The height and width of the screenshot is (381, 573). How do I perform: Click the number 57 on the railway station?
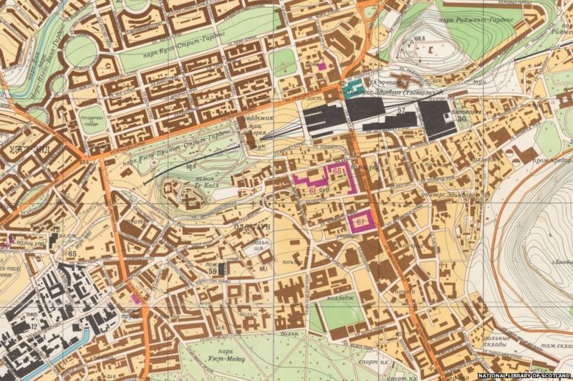401,110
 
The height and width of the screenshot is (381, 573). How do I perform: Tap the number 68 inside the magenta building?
337,170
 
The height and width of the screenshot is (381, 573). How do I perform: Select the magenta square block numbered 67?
360,221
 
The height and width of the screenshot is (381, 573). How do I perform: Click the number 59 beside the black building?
213,270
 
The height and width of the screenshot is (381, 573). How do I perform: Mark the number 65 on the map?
72,254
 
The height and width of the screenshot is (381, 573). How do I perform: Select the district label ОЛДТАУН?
251,231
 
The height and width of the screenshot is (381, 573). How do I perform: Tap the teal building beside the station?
351,91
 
